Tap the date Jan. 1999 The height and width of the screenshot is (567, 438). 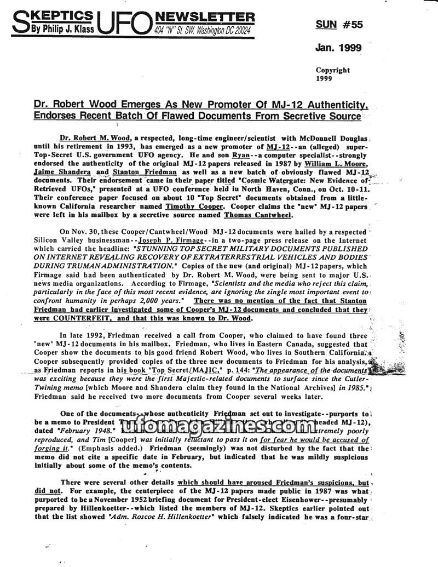click(338, 48)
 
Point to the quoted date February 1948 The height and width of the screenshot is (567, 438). click(83, 431)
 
